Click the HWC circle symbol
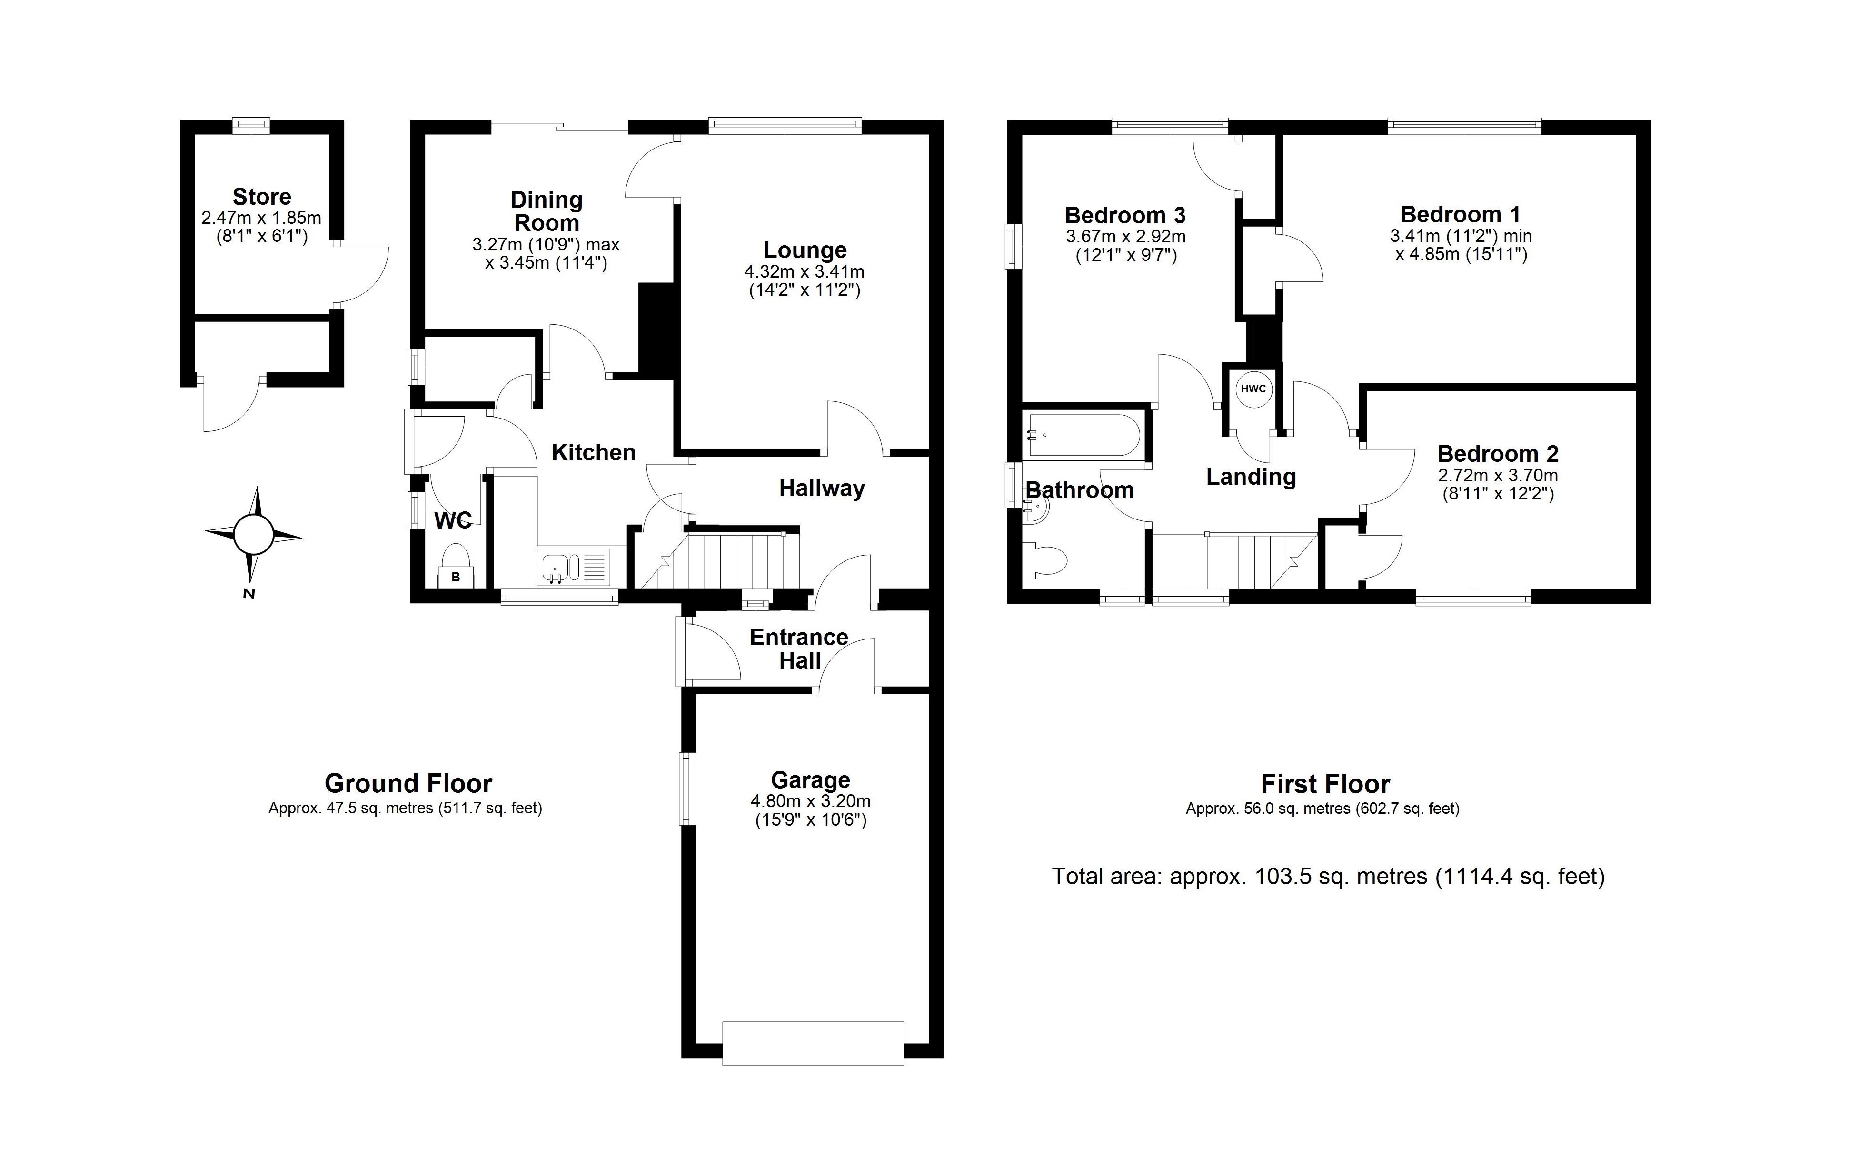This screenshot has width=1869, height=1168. tap(1253, 389)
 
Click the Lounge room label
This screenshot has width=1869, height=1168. tap(805, 250)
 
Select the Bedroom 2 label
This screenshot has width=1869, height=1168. tap(1498, 453)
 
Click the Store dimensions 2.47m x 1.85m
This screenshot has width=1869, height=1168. tap(261, 219)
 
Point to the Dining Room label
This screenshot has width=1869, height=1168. tap(547, 211)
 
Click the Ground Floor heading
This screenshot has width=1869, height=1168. tap(408, 783)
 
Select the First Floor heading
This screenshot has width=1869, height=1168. tap(1325, 784)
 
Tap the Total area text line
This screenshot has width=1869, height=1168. tap(1328, 877)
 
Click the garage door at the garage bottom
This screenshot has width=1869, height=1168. tap(813, 1044)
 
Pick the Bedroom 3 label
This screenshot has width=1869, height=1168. tap(1125, 215)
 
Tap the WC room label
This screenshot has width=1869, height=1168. tap(453, 520)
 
